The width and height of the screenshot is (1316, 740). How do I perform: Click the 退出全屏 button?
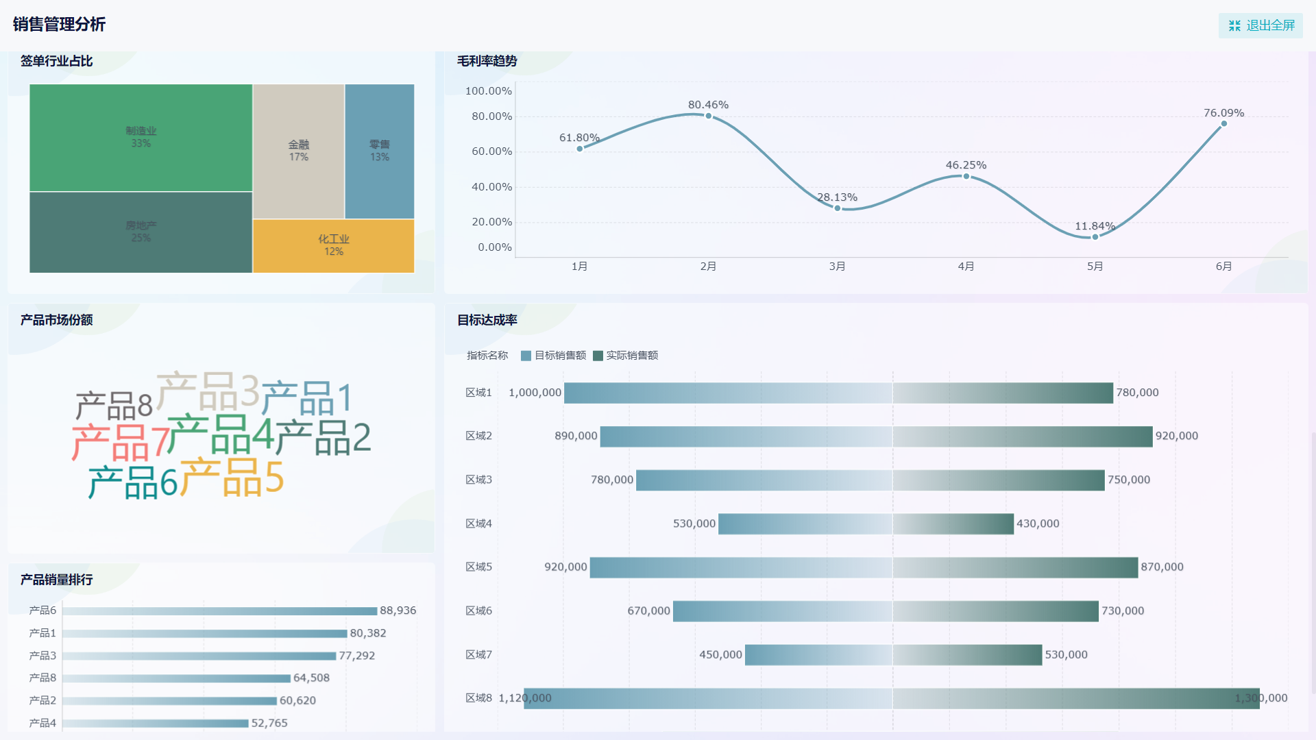[1260, 25]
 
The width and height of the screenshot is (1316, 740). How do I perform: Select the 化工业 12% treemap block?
[333, 245]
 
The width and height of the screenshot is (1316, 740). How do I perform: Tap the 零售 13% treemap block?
[379, 151]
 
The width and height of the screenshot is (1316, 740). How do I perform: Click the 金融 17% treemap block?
[298, 151]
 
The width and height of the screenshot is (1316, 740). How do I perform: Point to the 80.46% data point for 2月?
[708, 116]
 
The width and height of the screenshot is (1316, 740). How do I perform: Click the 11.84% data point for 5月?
[1095, 237]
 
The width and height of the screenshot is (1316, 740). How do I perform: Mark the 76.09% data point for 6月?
[1223, 124]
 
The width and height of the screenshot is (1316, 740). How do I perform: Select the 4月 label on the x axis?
[966, 267]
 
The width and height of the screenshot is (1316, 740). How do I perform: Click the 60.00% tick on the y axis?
[491, 151]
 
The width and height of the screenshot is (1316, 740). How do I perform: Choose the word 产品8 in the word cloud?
[114, 406]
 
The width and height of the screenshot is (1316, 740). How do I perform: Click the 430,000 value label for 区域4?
[1038, 523]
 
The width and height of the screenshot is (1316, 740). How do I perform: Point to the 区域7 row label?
[478, 655]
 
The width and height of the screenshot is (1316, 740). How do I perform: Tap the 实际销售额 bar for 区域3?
[998, 480]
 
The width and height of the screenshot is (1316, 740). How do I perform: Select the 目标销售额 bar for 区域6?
[782, 611]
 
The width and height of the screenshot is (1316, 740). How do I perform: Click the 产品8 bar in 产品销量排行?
[176, 678]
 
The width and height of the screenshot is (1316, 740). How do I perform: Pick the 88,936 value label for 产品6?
[398, 610]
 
